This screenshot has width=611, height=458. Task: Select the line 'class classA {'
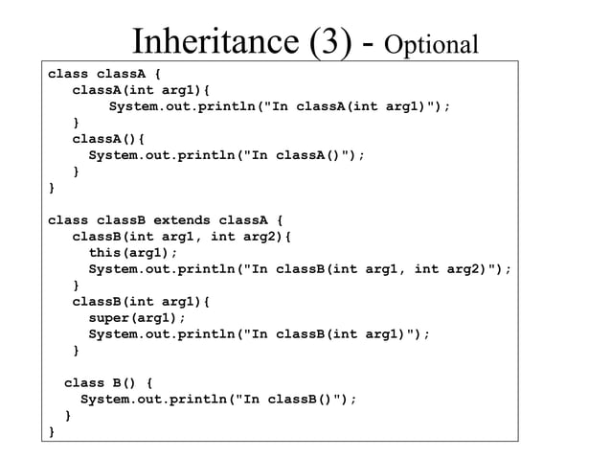coord(105,72)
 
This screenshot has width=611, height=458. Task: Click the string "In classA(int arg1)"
coord(342,105)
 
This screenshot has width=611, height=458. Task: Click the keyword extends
coord(186,219)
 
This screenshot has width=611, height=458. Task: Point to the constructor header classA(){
coord(108,138)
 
